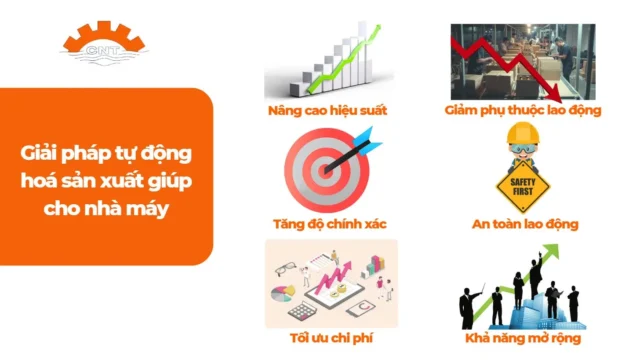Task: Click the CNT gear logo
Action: pyautogui.click(x=104, y=40)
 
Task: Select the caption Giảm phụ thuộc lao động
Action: pyautogui.click(x=522, y=109)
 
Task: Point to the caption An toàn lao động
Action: pyautogui.click(x=524, y=223)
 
